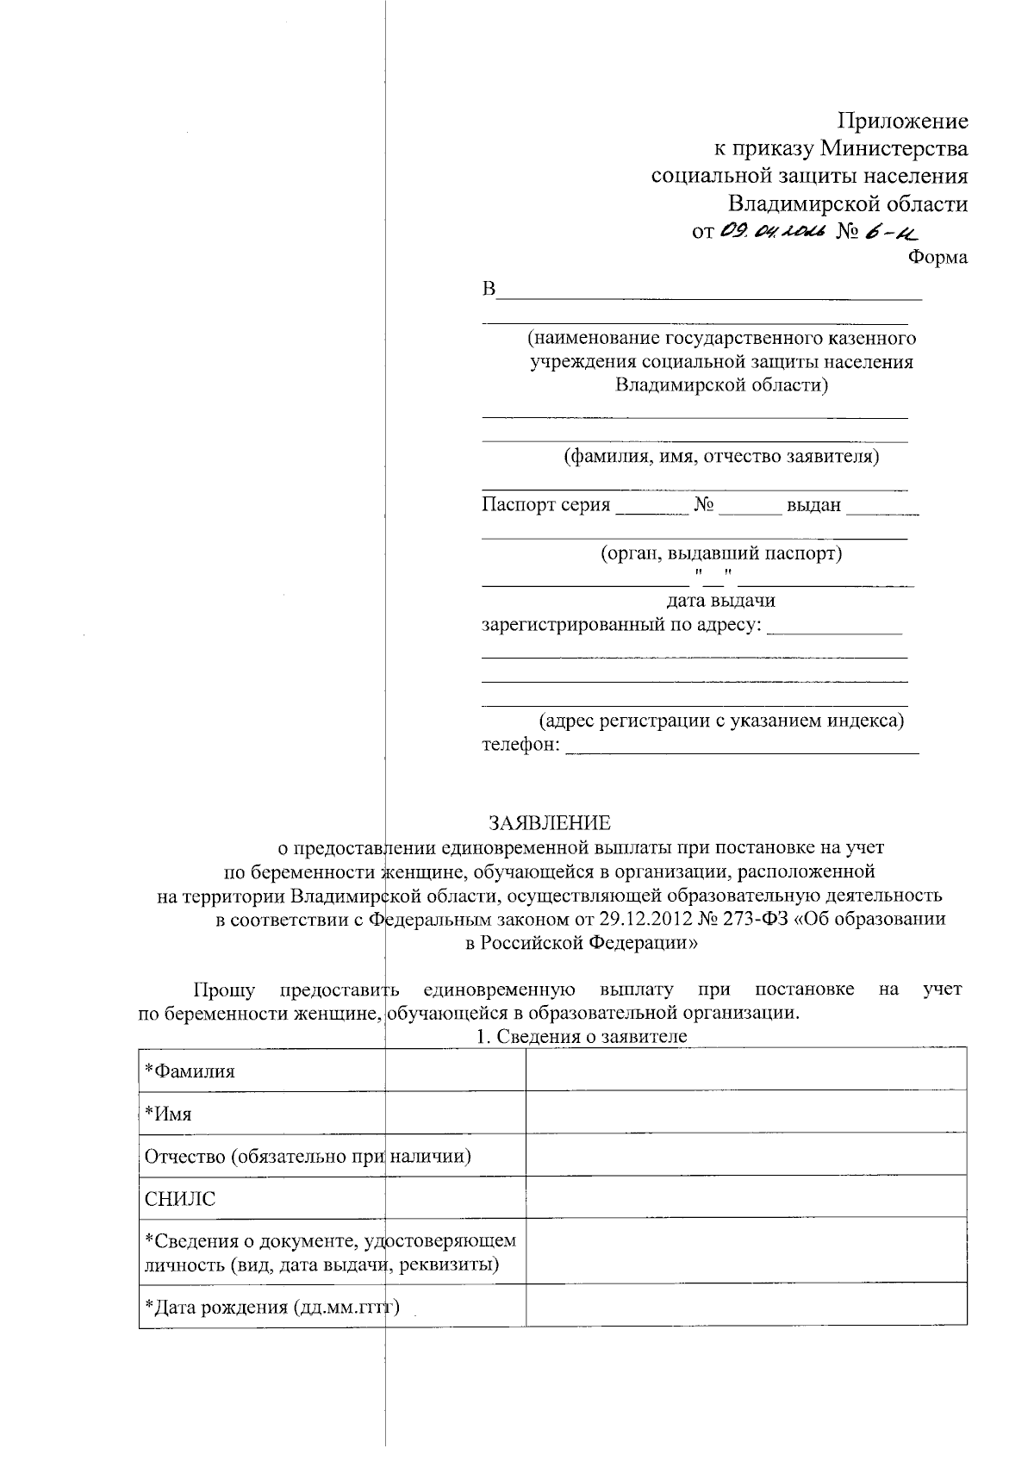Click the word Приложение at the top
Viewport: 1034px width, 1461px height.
904,122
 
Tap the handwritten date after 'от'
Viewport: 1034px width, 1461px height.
772,230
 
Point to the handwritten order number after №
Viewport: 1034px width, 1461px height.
892,230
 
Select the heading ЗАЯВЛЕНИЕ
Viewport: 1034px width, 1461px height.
549,822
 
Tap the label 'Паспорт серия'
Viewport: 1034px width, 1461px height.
545,505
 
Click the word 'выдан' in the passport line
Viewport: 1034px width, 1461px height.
813,505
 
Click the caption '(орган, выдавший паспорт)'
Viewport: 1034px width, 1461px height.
720,553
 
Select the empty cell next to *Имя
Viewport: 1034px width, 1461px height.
745,1113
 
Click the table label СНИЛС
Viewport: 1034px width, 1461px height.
180,1198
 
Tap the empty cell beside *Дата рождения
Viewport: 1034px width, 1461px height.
745,1306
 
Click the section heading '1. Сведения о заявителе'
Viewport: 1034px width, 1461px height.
582,1037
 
